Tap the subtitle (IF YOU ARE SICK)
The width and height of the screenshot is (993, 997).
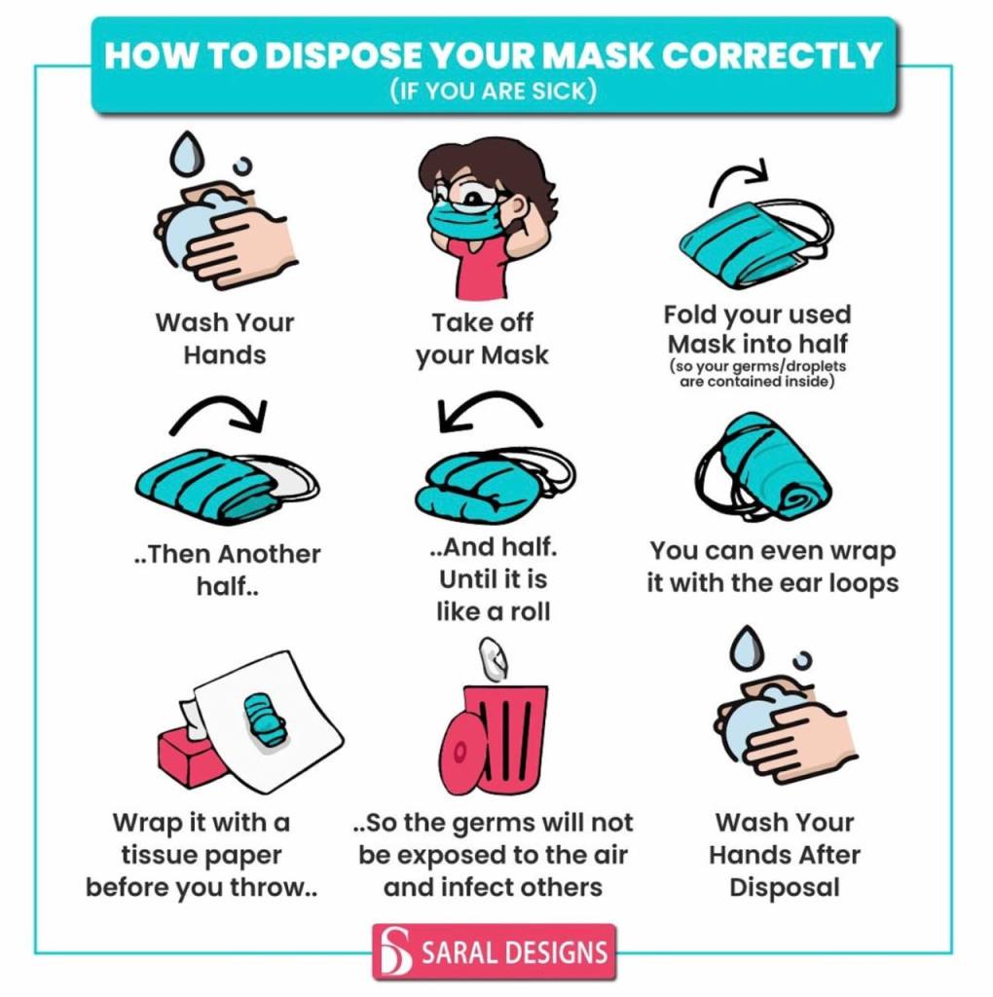(x=494, y=91)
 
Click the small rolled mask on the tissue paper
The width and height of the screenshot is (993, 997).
(x=265, y=720)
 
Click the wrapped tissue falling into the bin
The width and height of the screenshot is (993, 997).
(x=493, y=658)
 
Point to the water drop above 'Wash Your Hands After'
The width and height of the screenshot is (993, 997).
(x=747, y=649)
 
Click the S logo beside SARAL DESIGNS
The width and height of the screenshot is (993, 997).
(x=395, y=951)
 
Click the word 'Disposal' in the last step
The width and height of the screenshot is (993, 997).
(x=785, y=888)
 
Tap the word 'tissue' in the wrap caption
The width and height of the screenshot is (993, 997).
(x=159, y=855)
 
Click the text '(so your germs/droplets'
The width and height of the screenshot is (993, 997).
(x=757, y=366)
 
